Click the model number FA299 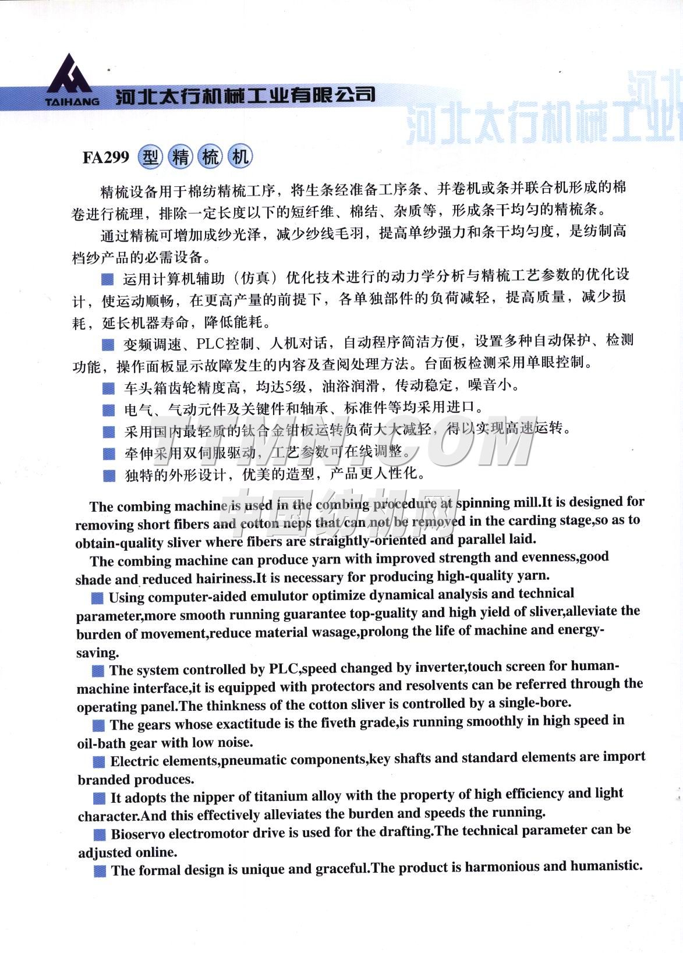[105, 158]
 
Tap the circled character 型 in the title [150, 157]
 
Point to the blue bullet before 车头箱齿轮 [108, 388]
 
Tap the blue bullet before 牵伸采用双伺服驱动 [109, 454]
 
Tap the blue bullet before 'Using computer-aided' [98, 598]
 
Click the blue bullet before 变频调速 [108, 345]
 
